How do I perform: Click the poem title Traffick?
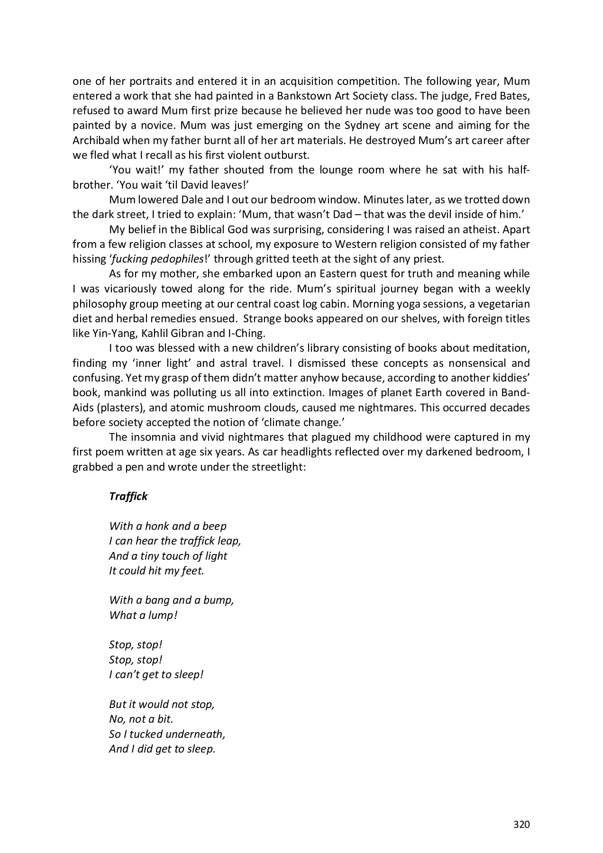click(x=128, y=496)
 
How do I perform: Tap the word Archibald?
click(x=95, y=140)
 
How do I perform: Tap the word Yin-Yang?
click(x=106, y=333)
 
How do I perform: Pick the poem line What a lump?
click(x=143, y=615)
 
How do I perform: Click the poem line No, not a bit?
click(x=141, y=719)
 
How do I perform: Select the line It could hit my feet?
click(x=156, y=571)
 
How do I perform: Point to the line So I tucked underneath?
click(x=167, y=734)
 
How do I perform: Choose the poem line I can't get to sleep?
click(x=156, y=674)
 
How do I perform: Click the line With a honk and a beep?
click(x=168, y=526)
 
